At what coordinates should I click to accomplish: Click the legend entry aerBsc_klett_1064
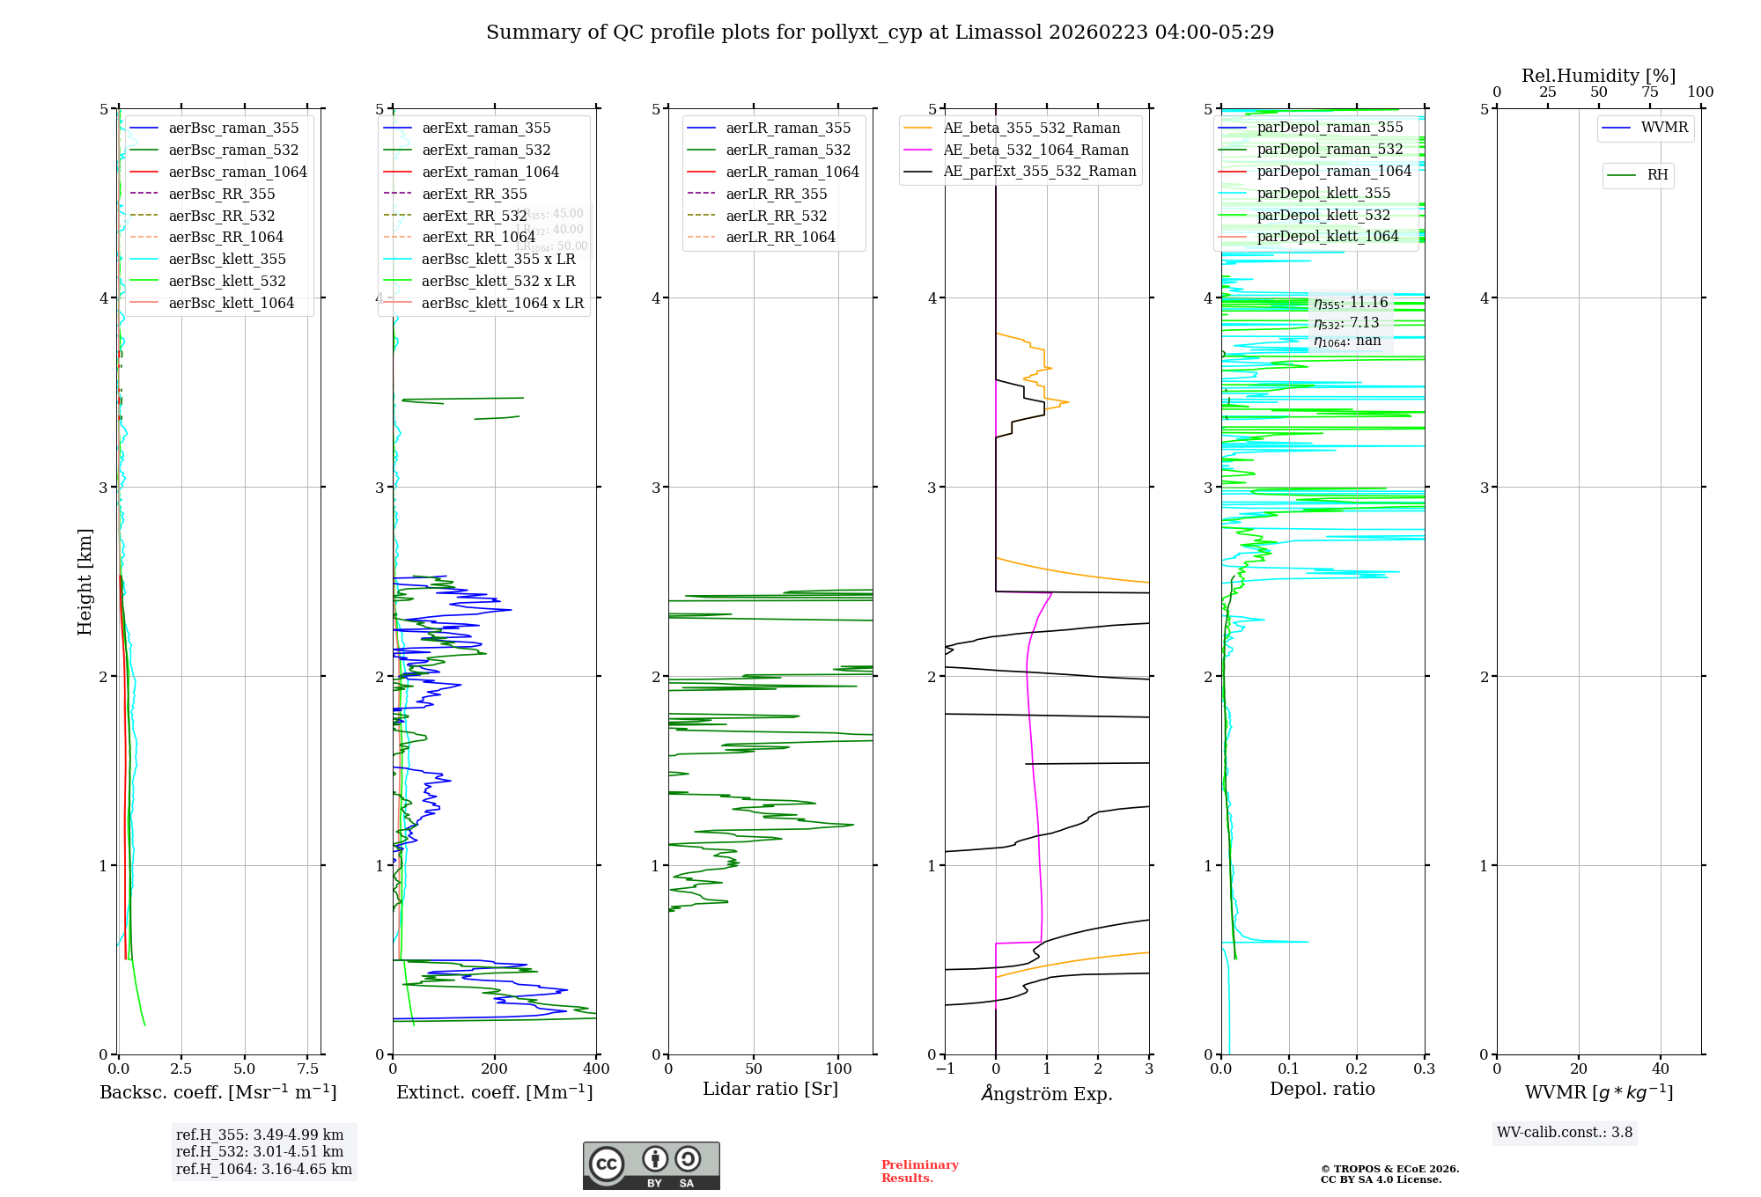click(x=231, y=303)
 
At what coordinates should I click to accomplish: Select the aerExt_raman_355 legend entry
click(x=486, y=129)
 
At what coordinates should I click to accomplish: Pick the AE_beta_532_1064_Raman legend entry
click(x=1035, y=150)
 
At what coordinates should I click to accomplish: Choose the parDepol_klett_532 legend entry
click(x=1323, y=215)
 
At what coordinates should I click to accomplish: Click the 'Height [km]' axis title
click(x=85, y=582)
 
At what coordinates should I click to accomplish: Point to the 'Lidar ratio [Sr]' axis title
click(x=770, y=1089)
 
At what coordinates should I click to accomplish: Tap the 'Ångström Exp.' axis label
click(x=1047, y=1093)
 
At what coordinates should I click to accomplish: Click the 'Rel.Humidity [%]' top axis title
click(x=1598, y=76)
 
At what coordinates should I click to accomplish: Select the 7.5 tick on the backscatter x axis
click(x=308, y=1068)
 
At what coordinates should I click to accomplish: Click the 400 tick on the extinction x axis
click(x=597, y=1068)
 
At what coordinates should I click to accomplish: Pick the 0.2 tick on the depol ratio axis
click(x=1357, y=1068)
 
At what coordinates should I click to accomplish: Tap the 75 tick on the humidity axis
click(x=1649, y=92)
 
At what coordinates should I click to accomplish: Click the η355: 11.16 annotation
click(x=1351, y=303)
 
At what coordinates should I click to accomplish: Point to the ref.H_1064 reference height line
click(x=263, y=1169)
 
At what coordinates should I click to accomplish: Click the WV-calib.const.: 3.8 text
click(x=1565, y=1132)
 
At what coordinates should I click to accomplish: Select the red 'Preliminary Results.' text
click(x=919, y=1171)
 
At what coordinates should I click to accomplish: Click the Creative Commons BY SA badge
click(x=651, y=1165)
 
